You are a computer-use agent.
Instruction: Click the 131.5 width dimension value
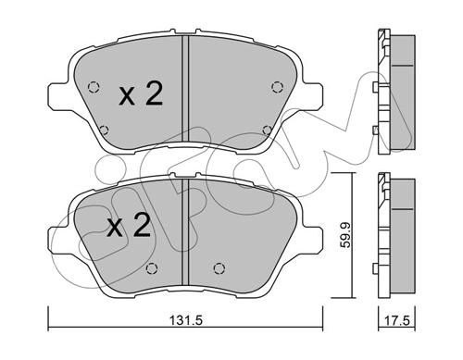point(186,320)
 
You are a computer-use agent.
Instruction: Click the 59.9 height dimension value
point(346,236)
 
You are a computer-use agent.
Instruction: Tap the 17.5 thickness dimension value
point(397,320)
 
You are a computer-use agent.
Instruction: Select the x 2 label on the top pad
point(141,94)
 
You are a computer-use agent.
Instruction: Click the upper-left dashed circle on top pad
point(94,87)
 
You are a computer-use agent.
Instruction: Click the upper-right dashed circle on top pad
point(277,87)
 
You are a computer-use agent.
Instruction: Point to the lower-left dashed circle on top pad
point(105,130)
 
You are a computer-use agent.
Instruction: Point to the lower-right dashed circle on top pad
point(267,130)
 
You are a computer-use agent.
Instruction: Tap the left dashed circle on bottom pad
point(151,268)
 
